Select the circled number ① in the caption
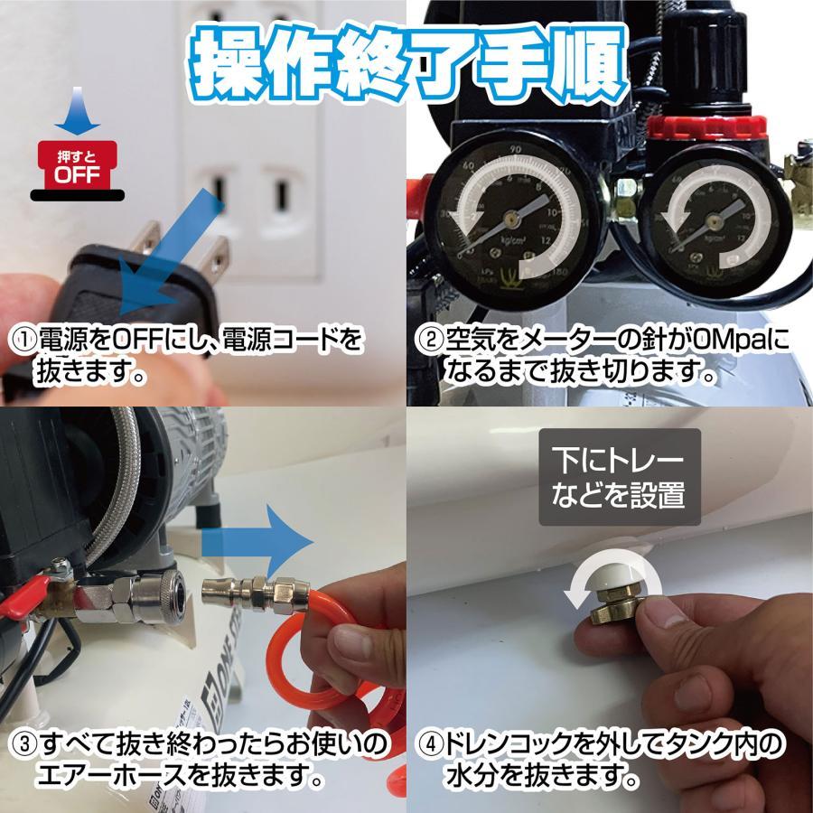23,341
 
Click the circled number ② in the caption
428,341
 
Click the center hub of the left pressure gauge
511,218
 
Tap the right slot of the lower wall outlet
282,192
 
